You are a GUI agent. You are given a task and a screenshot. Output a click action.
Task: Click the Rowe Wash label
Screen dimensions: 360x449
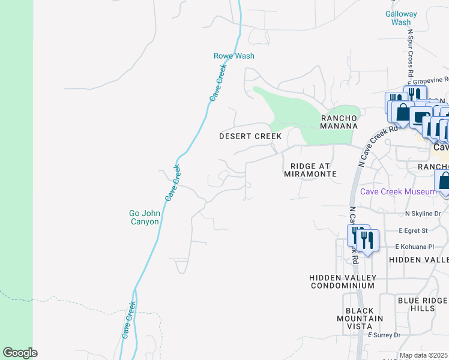pyautogui.click(x=234, y=56)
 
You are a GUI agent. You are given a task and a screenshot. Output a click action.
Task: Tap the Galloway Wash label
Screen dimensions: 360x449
pyautogui.click(x=401, y=18)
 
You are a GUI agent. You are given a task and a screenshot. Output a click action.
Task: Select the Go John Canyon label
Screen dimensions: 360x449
pyautogui.click(x=144, y=217)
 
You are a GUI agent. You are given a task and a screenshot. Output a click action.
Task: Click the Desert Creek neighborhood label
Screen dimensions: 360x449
pyautogui.click(x=250, y=136)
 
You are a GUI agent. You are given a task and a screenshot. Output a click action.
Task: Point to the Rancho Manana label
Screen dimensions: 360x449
pyautogui.click(x=339, y=122)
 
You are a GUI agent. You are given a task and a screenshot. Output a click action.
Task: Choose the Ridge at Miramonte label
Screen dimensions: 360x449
pyautogui.click(x=313, y=170)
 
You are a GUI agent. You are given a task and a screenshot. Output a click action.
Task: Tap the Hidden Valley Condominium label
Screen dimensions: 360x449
pyautogui.click(x=343, y=281)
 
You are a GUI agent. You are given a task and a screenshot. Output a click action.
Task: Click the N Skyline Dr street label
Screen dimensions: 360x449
pyautogui.click(x=423, y=213)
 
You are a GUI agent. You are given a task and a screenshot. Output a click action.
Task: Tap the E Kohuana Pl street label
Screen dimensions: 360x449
pyautogui.click(x=414, y=247)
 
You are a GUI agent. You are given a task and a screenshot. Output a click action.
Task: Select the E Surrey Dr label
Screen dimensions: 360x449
pyautogui.click(x=384, y=335)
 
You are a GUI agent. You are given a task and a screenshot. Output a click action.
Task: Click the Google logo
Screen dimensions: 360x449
pyautogui.click(x=20, y=353)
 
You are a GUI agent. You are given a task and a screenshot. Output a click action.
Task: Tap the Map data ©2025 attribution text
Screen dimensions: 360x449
pyautogui.click(x=424, y=355)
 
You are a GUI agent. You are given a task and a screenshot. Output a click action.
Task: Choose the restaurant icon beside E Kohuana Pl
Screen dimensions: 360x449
pyautogui.click(x=367, y=241)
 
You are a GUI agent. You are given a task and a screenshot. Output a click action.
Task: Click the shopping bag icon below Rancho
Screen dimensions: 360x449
pyautogui.click(x=445, y=181)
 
